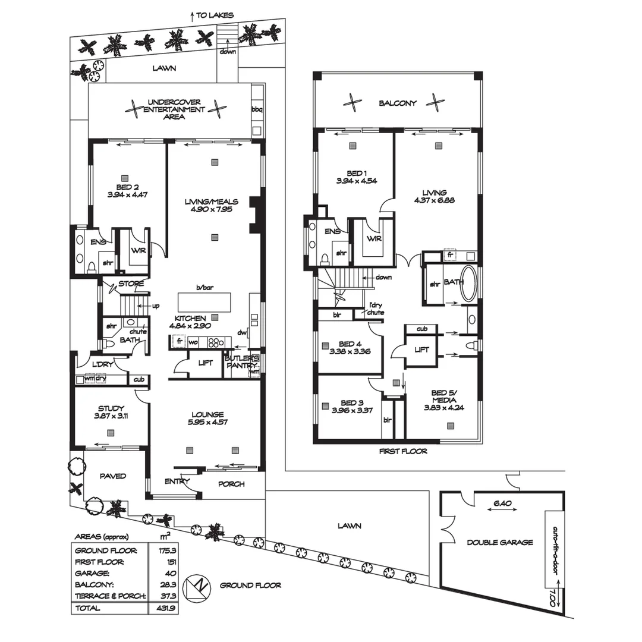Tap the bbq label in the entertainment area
[257, 109]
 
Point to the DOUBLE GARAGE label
[499, 542]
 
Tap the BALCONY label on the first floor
[398, 103]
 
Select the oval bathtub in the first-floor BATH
[469, 284]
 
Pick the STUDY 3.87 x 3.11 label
[111, 412]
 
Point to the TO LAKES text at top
[214, 15]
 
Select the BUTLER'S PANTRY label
[241, 362]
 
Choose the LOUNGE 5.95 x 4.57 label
[207, 418]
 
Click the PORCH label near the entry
[231, 484]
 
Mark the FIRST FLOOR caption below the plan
[403, 451]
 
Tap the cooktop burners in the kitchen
[215, 342]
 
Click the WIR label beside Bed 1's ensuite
[374, 238]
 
